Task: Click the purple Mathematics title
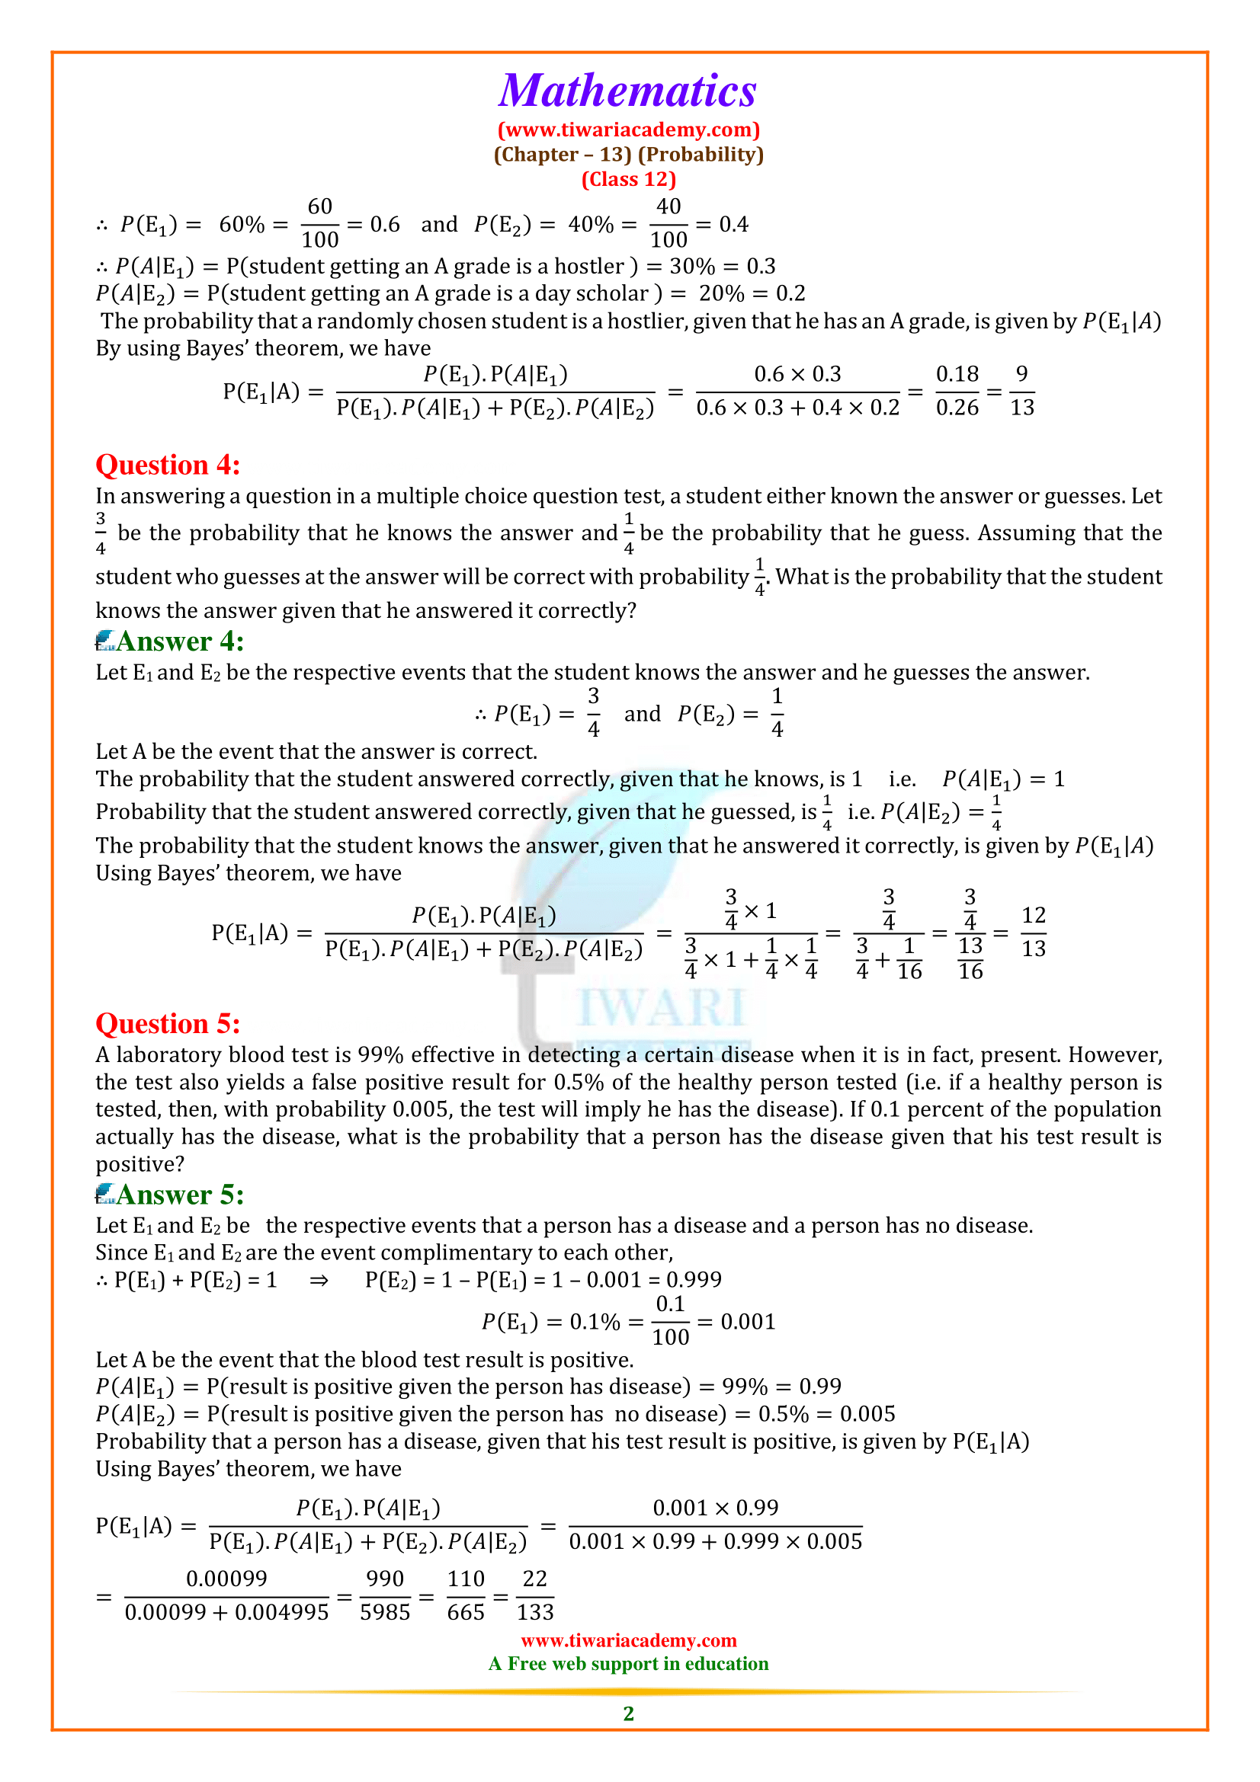(x=627, y=91)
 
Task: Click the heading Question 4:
(x=168, y=465)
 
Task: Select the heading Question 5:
(x=168, y=1024)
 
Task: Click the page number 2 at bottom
(x=629, y=1713)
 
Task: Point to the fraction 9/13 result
(x=1021, y=391)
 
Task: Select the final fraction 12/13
(x=1034, y=931)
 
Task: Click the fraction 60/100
(x=320, y=223)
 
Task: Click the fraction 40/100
(x=668, y=223)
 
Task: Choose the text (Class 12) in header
(x=629, y=179)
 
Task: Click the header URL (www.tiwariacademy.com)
(x=629, y=130)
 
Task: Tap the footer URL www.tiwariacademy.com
(x=629, y=1640)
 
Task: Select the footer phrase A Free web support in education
(x=629, y=1663)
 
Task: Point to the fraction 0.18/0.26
(x=957, y=391)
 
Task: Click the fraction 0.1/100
(x=670, y=1321)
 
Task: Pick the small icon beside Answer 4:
(x=104, y=641)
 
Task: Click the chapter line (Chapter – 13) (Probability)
(x=629, y=155)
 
